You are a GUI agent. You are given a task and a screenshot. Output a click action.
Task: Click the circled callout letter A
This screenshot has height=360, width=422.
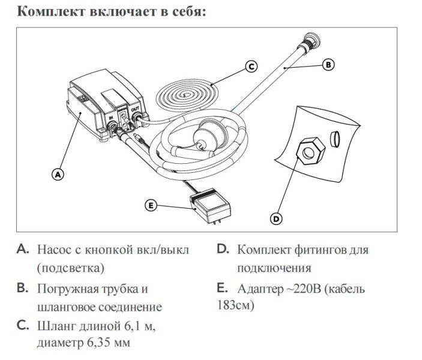(58, 175)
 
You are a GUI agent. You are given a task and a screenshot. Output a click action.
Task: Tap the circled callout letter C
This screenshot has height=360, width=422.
(252, 67)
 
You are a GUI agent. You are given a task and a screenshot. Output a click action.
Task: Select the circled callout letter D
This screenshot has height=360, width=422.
(276, 218)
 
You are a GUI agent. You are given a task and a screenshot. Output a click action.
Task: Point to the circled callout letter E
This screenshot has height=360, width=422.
(151, 205)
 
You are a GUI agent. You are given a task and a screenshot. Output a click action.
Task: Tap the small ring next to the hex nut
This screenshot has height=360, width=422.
(335, 139)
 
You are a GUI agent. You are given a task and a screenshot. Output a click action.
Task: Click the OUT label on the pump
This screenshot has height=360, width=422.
(134, 108)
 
